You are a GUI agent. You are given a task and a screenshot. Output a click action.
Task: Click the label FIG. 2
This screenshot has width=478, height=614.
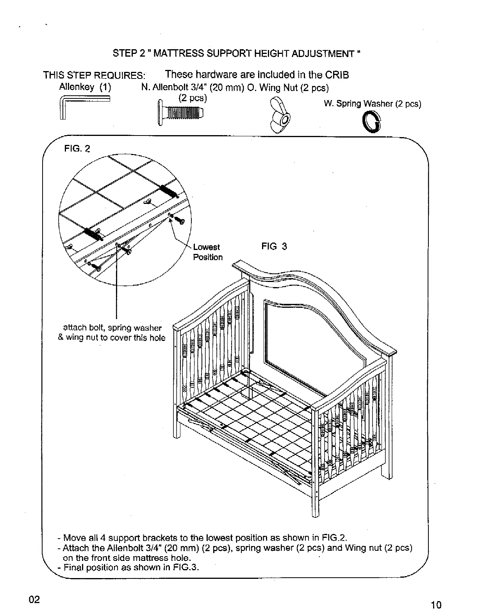(77, 149)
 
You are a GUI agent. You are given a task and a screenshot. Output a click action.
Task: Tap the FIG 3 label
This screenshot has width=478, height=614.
(274, 246)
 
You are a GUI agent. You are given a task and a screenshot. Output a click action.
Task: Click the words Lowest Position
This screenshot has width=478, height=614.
(207, 252)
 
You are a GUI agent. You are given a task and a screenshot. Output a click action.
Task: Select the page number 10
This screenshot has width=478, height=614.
(436, 605)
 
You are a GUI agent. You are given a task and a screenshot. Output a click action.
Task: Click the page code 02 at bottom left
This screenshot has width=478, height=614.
(34, 600)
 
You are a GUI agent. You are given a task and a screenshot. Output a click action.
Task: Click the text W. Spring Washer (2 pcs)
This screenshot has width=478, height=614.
(372, 104)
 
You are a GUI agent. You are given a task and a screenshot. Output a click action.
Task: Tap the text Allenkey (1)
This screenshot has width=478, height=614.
(85, 87)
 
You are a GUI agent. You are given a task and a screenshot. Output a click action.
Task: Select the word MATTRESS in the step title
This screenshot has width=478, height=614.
(179, 54)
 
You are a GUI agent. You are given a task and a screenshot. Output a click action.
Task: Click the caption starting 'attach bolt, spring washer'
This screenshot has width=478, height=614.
(112, 332)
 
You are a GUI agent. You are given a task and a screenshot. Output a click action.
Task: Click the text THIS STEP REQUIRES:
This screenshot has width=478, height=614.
(95, 75)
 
